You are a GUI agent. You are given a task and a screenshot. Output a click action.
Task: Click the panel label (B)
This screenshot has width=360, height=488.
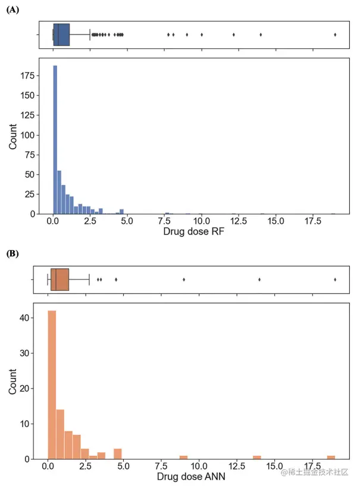[x=12, y=254]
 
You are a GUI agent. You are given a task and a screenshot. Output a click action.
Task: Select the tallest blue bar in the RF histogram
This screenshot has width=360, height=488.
[x=55, y=140]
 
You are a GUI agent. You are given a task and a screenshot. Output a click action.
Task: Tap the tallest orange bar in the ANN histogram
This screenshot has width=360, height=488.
[x=52, y=384]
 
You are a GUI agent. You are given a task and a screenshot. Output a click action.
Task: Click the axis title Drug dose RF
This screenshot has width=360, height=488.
[x=194, y=233]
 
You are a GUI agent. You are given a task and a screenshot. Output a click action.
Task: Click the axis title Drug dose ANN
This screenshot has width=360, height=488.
[x=192, y=477]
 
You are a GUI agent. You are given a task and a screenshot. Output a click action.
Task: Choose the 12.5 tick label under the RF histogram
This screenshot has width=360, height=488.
[x=239, y=222]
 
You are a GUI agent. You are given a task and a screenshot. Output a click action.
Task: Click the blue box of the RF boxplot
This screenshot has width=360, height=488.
[x=61, y=35]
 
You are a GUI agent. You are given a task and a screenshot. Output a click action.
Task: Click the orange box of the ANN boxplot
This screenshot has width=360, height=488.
[x=60, y=279]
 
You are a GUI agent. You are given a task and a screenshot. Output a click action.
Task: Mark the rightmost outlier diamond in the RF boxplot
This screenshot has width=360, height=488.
[x=335, y=35]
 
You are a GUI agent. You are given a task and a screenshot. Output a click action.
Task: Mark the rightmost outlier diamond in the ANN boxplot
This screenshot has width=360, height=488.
[x=335, y=279]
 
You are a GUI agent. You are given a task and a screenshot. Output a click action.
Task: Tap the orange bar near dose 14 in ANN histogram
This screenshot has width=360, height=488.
[x=257, y=457]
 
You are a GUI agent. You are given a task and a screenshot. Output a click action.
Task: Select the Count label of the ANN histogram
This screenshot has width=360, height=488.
[x=12, y=381]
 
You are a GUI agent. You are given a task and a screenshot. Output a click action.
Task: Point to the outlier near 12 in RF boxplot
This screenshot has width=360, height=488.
[x=234, y=35]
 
